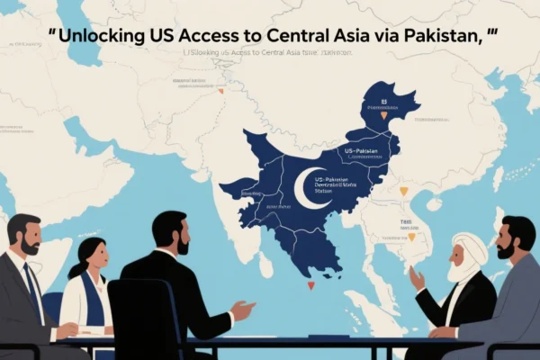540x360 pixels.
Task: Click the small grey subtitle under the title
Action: [x=267, y=53]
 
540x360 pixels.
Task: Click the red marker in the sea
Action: [x=311, y=285]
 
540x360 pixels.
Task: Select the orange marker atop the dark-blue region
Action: [x=384, y=114]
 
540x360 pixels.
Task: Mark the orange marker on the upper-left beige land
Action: [x=220, y=90]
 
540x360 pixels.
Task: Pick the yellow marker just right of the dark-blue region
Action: [x=403, y=191]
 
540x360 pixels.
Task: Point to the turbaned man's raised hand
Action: [x=416, y=278]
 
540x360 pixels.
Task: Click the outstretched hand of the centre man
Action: [x=241, y=311]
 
